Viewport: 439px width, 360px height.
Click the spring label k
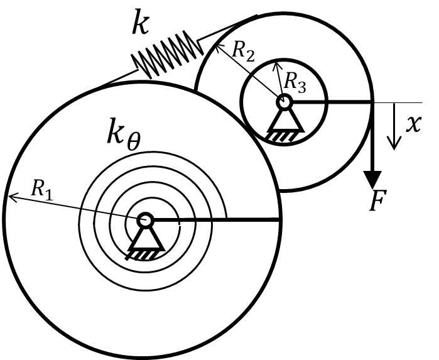coord(141,22)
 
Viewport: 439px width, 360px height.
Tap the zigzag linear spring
coord(167,54)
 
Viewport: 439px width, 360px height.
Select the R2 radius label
coord(243,52)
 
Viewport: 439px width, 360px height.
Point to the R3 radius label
coord(295,82)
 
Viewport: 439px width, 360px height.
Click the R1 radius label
coord(41,189)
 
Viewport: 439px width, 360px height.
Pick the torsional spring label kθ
coord(124,134)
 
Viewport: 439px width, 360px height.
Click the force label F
coord(377,200)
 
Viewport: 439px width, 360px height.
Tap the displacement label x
coord(413,124)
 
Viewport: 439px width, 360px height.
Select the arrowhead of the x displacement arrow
coord(394,143)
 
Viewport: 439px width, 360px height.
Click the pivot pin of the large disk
coord(146,220)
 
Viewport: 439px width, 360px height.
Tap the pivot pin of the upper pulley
coord(285,102)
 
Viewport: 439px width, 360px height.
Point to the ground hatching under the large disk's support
coord(141,254)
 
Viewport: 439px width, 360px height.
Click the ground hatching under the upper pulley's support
coord(281,136)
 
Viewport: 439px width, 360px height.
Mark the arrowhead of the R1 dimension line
coord(13,196)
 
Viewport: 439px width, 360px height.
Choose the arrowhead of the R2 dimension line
coord(219,46)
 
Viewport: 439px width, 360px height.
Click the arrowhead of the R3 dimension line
coord(276,66)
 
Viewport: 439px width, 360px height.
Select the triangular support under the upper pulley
coord(286,121)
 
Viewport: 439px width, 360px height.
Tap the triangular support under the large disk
coord(146,238)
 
